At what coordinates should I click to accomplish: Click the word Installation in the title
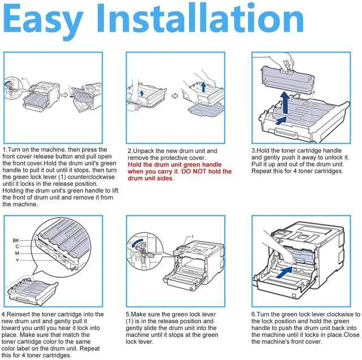tap(200, 19)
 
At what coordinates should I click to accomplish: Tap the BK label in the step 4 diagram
tap(16, 240)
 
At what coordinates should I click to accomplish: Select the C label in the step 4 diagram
tap(18, 246)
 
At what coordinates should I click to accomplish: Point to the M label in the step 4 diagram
tap(17, 253)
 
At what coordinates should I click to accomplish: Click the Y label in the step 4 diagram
tap(18, 260)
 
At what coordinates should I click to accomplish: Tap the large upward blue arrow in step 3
tap(286, 103)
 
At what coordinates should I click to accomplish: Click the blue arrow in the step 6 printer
tap(284, 272)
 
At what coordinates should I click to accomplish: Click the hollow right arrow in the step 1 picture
tap(64, 95)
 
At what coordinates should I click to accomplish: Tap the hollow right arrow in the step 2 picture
tap(175, 96)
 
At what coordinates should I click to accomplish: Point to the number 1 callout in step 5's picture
tap(192, 237)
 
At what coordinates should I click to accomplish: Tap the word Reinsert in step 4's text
tap(18, 314)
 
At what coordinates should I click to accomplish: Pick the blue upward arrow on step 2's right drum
tap(204, 86)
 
